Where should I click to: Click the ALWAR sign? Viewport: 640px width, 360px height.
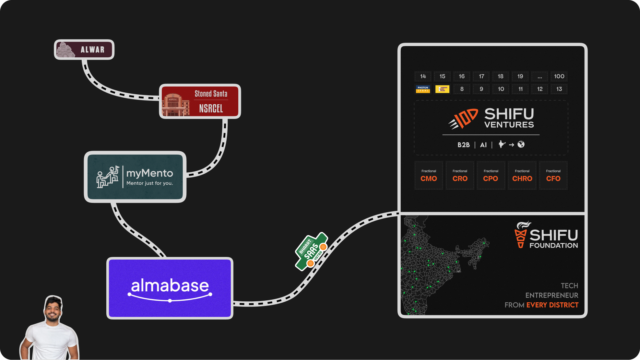84,50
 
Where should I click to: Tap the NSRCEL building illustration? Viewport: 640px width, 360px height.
175,105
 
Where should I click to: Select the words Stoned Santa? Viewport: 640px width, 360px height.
211,94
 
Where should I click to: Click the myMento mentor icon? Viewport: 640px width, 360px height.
108,177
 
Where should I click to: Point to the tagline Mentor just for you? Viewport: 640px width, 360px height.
149,183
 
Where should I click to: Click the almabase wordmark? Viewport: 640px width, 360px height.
170,286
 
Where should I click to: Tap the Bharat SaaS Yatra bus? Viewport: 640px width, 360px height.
312,251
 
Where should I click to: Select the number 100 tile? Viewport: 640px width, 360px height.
559,76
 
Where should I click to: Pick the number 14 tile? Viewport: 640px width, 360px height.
423,76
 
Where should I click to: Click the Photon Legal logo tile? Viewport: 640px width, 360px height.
423,89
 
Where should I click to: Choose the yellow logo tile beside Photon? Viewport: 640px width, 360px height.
442,89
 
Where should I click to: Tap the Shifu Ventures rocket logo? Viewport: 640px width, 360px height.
463,119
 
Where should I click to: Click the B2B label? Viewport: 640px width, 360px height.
463,145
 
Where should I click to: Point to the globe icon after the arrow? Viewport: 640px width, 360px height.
521,145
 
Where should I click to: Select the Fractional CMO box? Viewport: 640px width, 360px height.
429,175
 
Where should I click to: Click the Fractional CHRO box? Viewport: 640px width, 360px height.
522,175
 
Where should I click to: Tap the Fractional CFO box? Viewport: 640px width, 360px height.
553,175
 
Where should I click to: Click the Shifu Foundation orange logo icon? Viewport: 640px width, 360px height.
521,235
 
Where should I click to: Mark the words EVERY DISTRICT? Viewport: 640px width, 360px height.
552,305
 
